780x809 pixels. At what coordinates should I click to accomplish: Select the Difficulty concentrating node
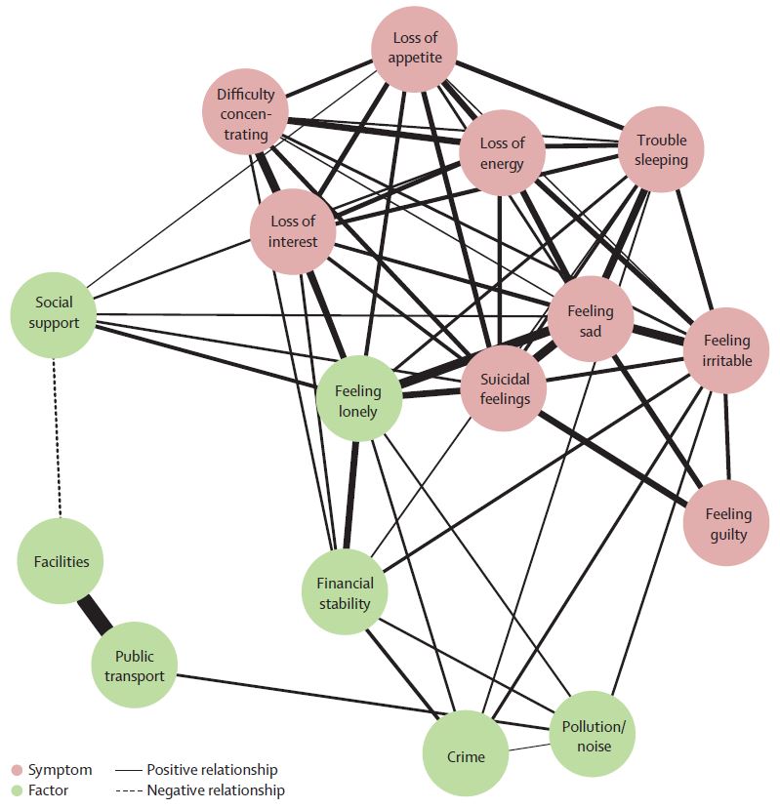pos(246,114)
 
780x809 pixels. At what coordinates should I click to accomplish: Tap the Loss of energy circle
pos(502,154)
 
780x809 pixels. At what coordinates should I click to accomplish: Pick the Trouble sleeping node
pos(661,149)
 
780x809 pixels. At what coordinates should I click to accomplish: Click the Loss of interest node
pos(293,231)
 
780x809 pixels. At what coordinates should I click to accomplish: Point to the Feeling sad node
pos(589,321)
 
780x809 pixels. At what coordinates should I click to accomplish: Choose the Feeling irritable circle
pos(727,350)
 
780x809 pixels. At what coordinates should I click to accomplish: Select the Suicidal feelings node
pos(505,388)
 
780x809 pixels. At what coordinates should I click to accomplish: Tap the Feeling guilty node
pos(728,524)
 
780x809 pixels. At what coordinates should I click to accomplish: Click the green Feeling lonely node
pos(358,400)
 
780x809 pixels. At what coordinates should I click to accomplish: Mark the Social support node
pos(55,312)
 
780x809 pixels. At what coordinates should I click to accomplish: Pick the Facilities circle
pos(61,561)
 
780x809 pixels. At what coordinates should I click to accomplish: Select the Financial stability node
pos(345,593)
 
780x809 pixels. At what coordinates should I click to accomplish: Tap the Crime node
pos(466,754)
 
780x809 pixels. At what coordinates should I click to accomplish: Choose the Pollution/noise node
pos(593,736)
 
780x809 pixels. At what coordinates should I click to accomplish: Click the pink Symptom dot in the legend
pos(16,771)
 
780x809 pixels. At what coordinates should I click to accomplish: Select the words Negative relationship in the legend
pos(215,790)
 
